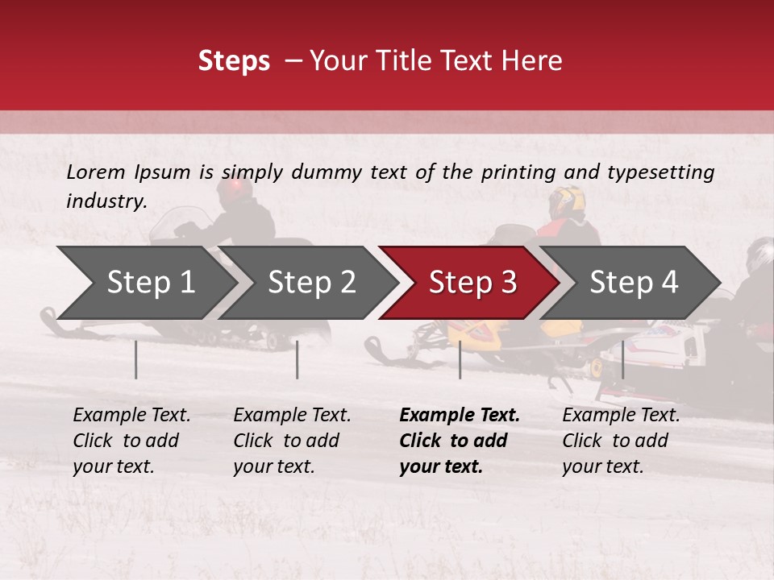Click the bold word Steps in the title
234,61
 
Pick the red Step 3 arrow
472,283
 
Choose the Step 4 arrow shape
634,283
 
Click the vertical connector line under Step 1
136,359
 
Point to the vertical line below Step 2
298,359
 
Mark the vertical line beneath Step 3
460,359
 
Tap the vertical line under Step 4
623,359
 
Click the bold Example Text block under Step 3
460,441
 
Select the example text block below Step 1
131,441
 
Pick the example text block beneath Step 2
292,441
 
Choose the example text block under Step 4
621,441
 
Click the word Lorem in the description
96,172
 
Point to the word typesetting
660,172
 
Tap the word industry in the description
106,201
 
